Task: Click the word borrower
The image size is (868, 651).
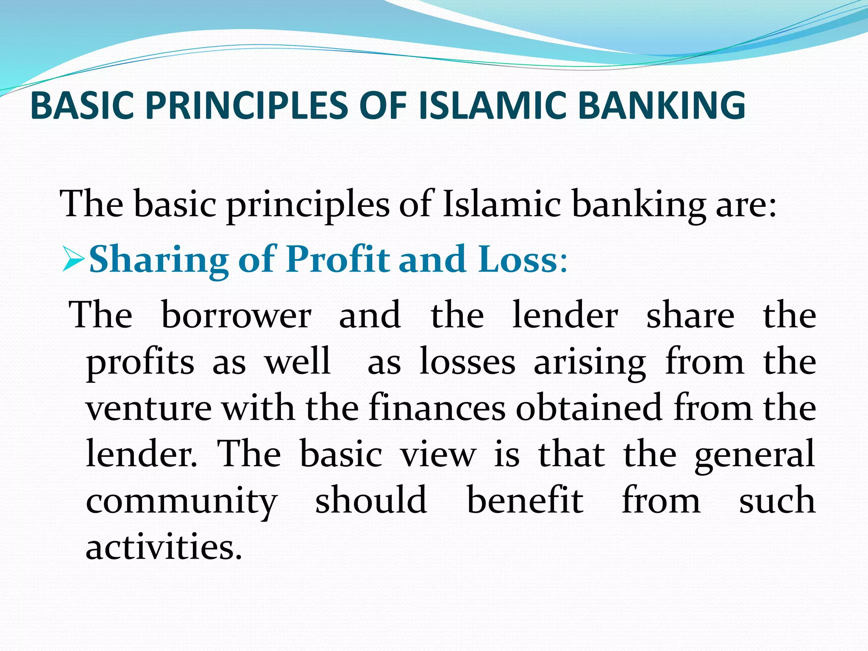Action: tap(236, 316)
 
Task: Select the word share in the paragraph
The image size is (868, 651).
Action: tap(690, 316)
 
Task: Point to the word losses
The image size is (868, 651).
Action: tap(467, 362)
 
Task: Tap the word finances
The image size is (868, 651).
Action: tap(437, 408)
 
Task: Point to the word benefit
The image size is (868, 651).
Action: tap(525, 500)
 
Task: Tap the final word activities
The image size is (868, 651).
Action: tap(164, 547)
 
